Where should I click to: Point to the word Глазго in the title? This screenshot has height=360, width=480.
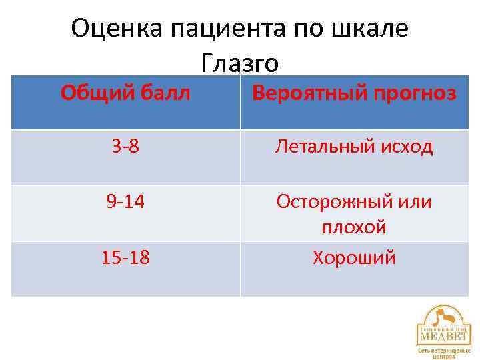(x=239, y=64)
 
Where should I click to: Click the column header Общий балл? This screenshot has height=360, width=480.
(x=125, y=93)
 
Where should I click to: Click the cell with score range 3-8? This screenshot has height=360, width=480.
(x=125, y=147)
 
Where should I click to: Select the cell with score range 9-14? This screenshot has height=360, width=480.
(x=125, y=201)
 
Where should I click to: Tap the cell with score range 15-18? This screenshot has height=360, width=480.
(x=125, y=257)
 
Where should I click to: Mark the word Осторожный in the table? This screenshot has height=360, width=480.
(x=333, y=202)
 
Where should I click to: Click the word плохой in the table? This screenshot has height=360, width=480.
(x=354, y=227)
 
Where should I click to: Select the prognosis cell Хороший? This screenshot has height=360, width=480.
(x=354, y=257)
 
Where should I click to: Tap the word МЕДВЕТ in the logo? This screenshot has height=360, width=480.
(x=443, y=335)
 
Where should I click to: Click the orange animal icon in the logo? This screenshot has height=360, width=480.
(x=444, y=315)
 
